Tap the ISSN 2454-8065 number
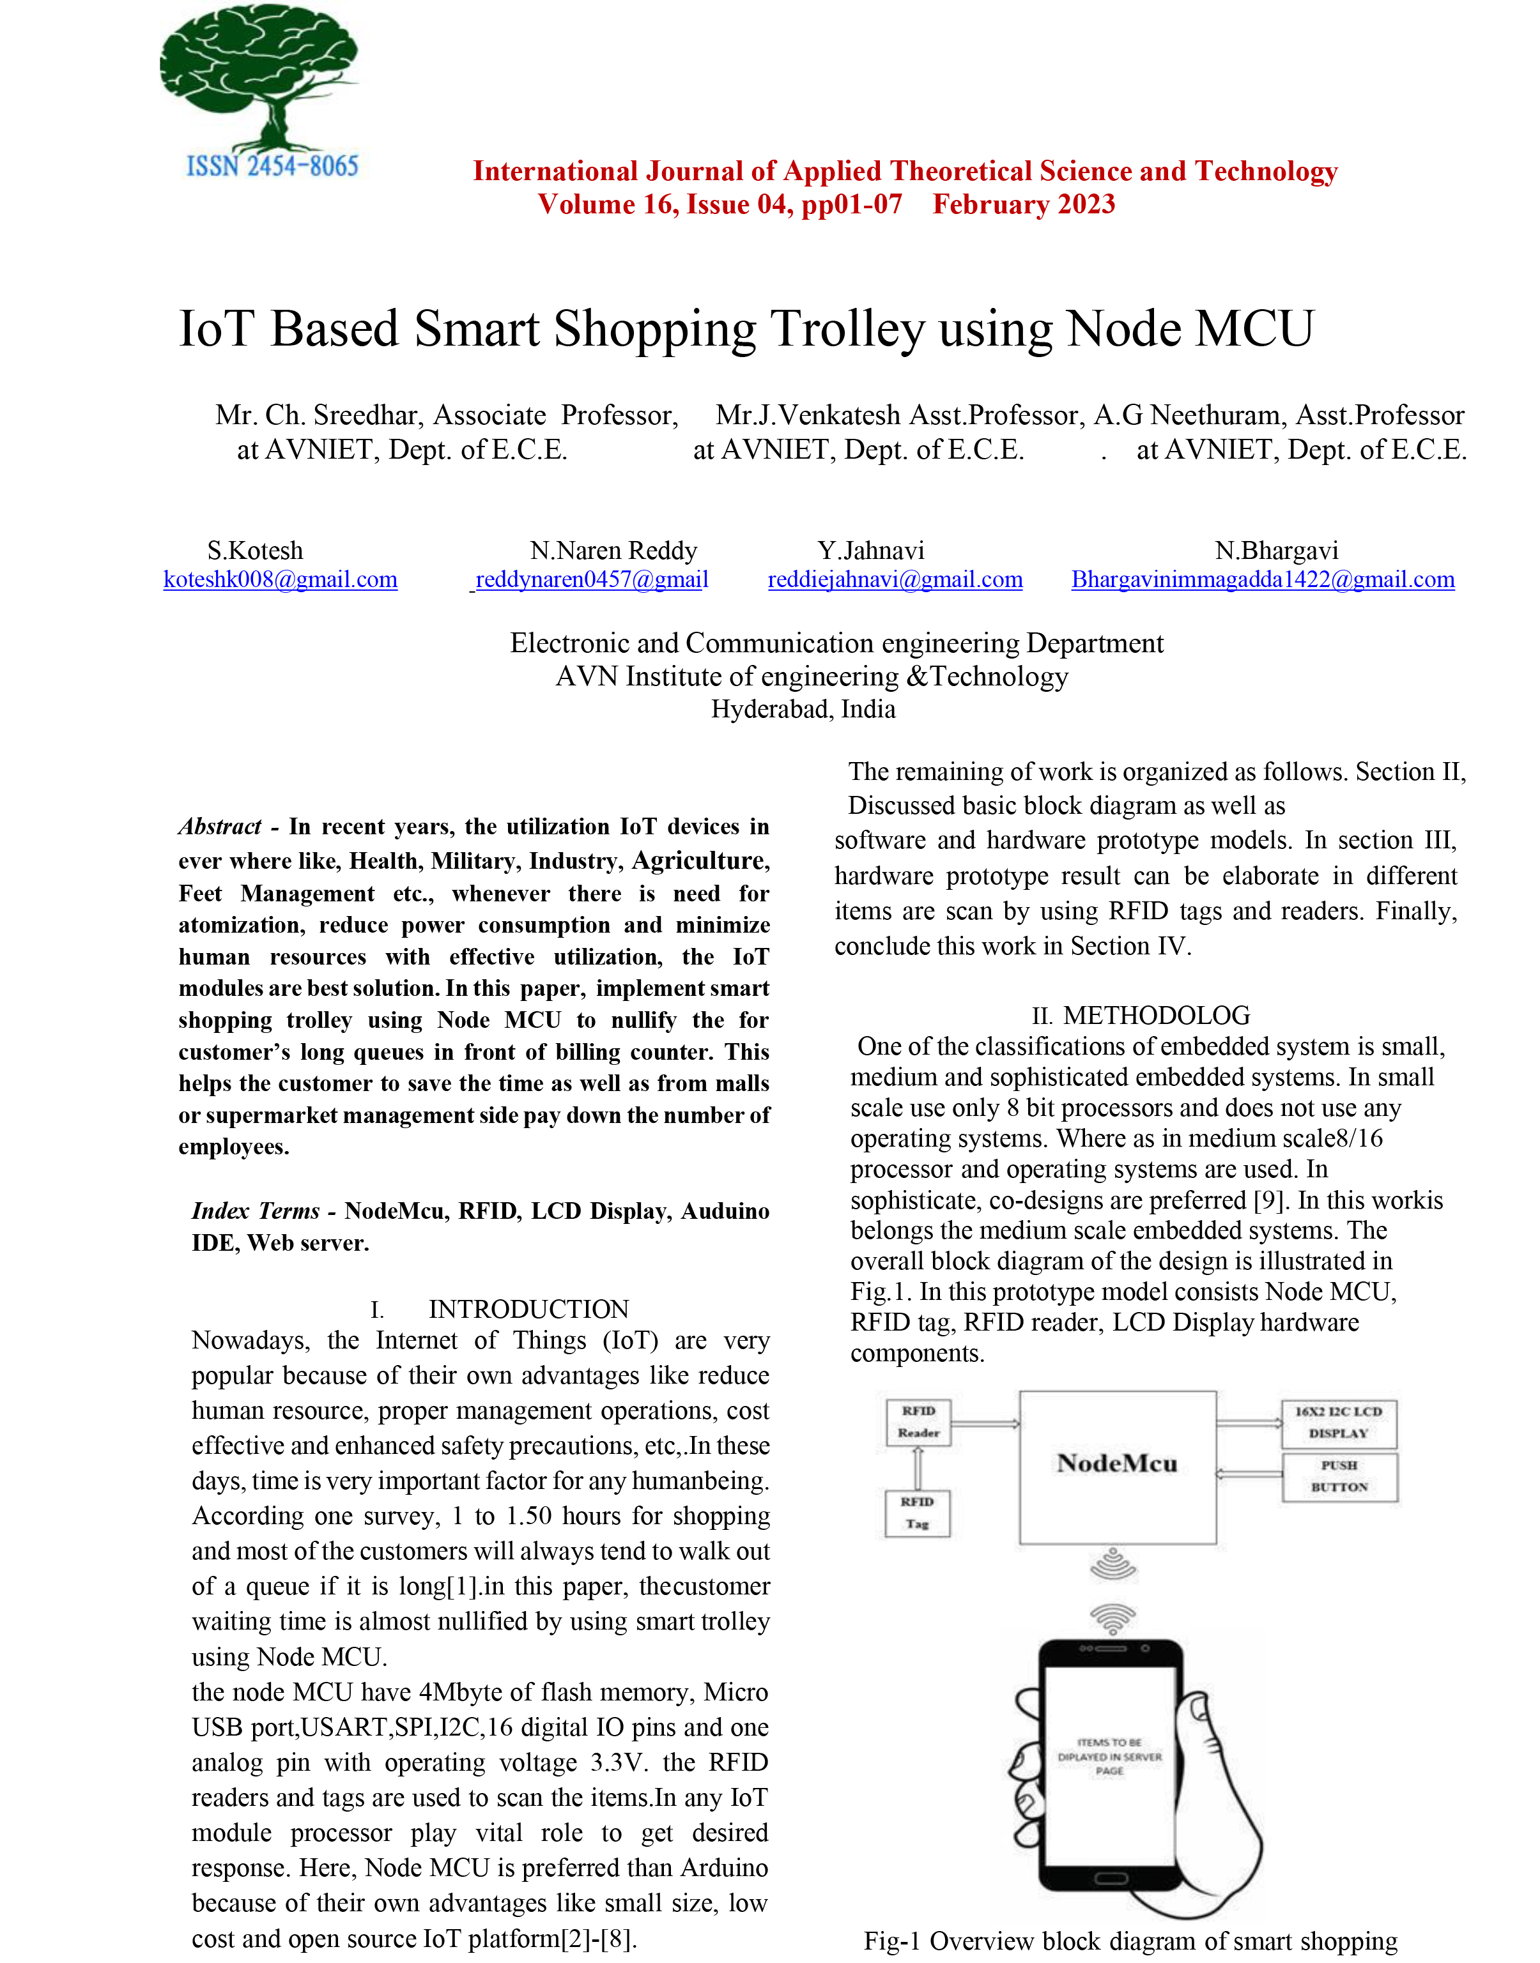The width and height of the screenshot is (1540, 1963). [x=272, y=167]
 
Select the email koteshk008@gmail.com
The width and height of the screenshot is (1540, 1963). [x=281, y=579]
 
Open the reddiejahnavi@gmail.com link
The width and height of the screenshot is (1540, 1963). [x=895, y=579]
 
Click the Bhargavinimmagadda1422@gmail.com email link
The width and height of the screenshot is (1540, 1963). [x=1262, y=579]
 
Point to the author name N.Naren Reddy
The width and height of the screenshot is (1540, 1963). [x=613, y=551]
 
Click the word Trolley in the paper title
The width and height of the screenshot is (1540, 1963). [x=847, y=329]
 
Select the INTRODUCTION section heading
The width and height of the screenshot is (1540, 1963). [x=528, y=1309]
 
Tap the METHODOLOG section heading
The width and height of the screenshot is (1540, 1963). [x=1156, y=1016]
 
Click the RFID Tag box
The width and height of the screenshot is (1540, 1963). [x=917, y=1513]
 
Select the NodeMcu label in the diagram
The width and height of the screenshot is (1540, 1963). [x=1117, y=1463]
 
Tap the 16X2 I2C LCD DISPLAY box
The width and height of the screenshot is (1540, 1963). [x=1339, y=1422]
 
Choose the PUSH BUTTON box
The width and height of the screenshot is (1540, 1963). [x=1339, y=1476]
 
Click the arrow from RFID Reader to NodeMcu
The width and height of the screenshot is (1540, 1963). [x=985, y=1424]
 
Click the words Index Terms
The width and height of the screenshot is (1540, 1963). [x=255, y=1211]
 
